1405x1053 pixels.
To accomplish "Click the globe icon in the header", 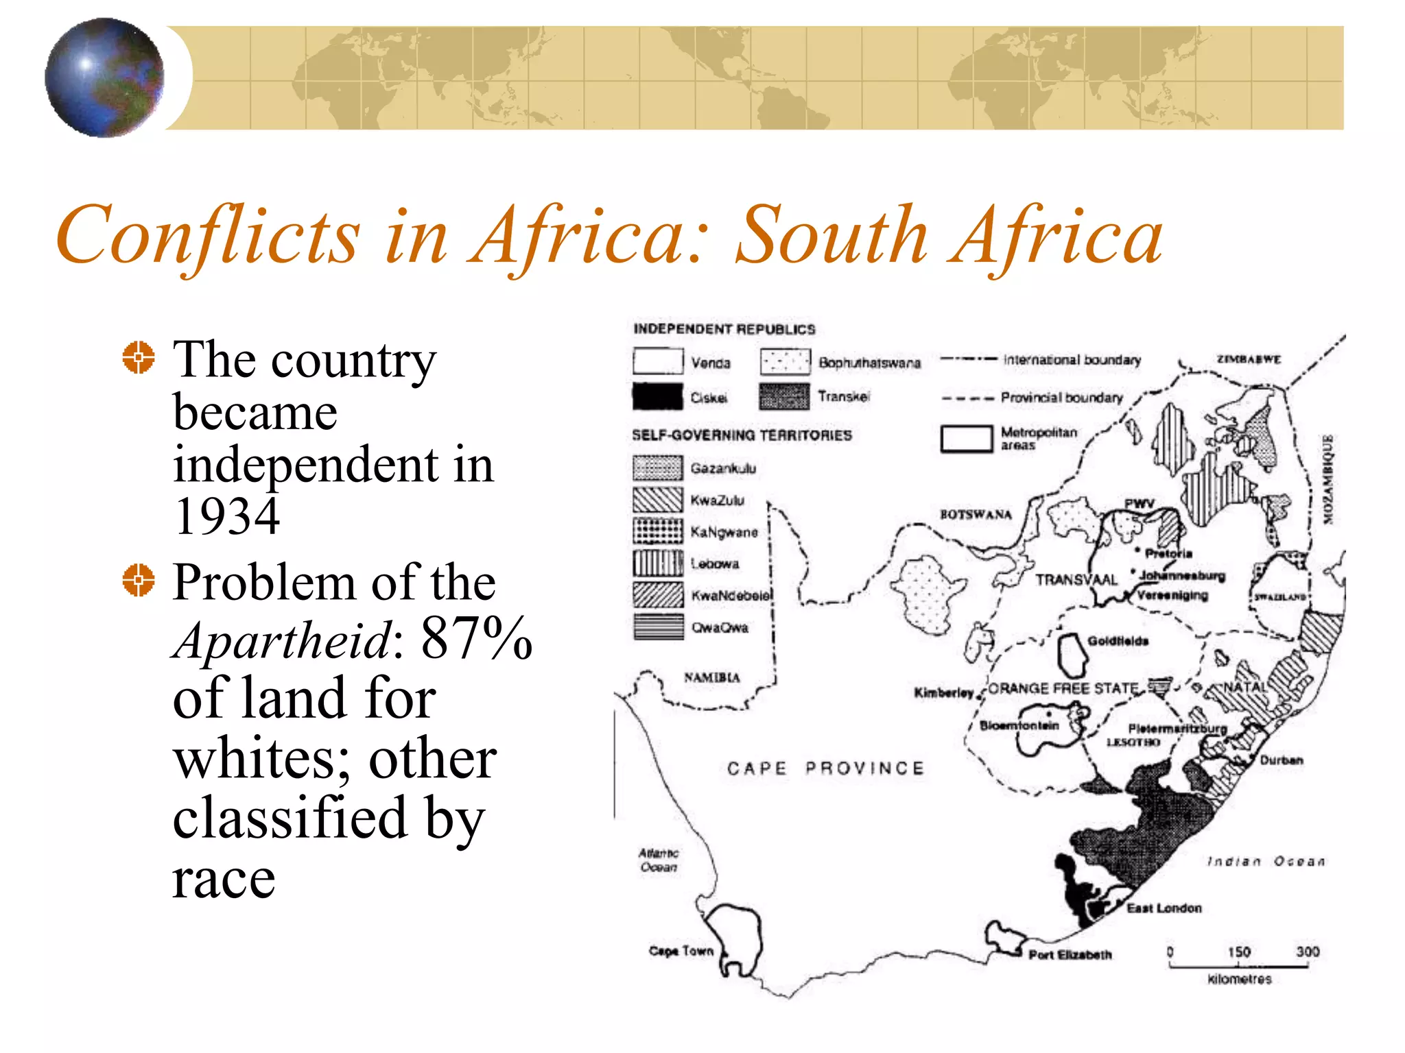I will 104,77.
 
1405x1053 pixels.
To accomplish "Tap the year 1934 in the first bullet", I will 226,516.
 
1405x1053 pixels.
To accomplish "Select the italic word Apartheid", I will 282,640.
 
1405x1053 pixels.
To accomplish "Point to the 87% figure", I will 476,638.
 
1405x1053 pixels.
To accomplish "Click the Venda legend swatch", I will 657,361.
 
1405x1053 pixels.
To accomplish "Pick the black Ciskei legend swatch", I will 657,397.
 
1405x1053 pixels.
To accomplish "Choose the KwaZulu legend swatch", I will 657,500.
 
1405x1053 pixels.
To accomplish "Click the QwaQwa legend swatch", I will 657,627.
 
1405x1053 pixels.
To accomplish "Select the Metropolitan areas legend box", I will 966,439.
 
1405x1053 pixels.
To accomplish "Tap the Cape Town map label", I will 681,951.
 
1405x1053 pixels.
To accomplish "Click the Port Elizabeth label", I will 1070,954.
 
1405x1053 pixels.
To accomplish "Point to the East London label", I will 1164,908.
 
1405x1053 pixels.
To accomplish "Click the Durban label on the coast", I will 1281,760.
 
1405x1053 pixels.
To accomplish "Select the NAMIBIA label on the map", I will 711,677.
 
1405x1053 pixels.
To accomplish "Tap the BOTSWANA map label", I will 975,514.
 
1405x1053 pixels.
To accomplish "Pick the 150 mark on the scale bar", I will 1239,952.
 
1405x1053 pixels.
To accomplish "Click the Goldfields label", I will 1118,641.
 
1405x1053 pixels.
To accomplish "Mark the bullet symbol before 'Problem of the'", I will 139,581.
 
